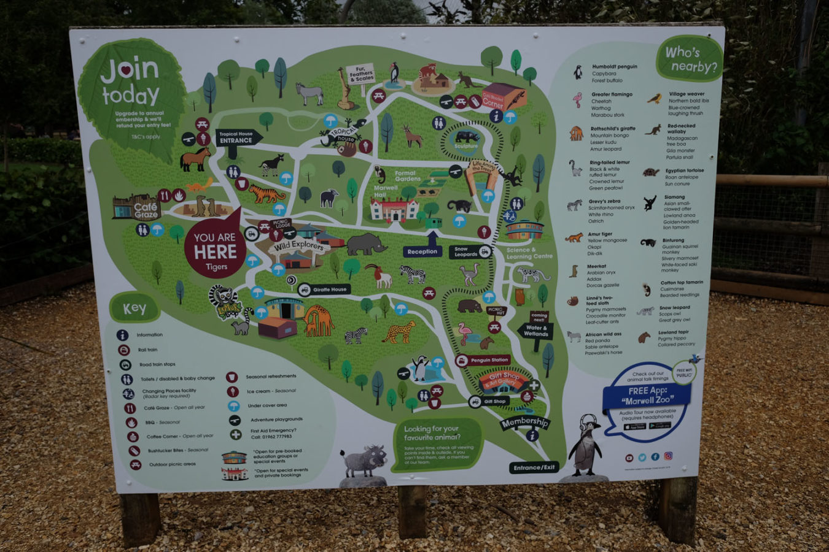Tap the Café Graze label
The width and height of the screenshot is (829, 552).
(146, 211)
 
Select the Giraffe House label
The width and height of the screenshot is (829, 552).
(329, 289)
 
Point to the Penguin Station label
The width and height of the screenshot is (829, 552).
(489, 360)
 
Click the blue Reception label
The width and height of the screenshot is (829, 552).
(422, 251)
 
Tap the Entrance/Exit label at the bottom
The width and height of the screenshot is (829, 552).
(534, 467)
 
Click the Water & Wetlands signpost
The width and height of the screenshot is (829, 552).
(535, 331)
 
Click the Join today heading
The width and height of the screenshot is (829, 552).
(130, 82)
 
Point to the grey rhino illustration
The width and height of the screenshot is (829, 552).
(366, 243)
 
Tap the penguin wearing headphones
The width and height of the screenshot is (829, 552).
(586, 446)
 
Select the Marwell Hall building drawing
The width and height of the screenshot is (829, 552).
(394, 209)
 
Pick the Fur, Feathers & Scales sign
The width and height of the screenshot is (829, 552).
(361, 75)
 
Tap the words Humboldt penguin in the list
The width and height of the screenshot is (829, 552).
(614, 66)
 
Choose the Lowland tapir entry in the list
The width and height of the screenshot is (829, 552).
(674, 332)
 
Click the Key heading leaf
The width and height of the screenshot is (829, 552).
(134, 309)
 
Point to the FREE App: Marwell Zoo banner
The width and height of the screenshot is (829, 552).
(647, 396)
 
